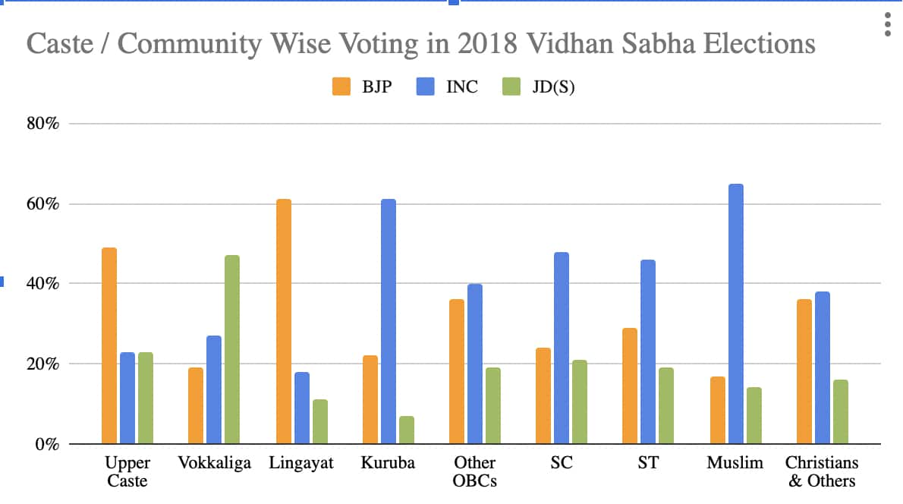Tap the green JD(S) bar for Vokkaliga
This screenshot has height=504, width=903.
pyautogui.click(x=231, y=349)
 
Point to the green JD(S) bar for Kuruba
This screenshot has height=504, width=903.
pyautogui.click(x=406, y=430)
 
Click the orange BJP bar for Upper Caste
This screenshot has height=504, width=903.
pyautogui.click(x=109, y=345)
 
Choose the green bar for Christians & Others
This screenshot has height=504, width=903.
pyautogui.click(x=840, y=411)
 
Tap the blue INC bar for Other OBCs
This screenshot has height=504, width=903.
pyautogui.click(x=474, y=364)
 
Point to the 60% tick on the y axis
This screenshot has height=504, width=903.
pyautogui.click(x=44, y=203)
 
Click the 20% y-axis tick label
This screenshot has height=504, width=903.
pyautogui.click(x=44, y=364)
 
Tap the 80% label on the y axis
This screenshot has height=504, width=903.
pyautogui.click(x=44, y=124)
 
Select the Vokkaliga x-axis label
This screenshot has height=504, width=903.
pyautogui.click(x=214, y=463)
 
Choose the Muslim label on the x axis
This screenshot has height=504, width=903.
pyautogui.click(x=735, y=463)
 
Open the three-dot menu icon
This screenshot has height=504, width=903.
pyautogui.click(x=887, y=24)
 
